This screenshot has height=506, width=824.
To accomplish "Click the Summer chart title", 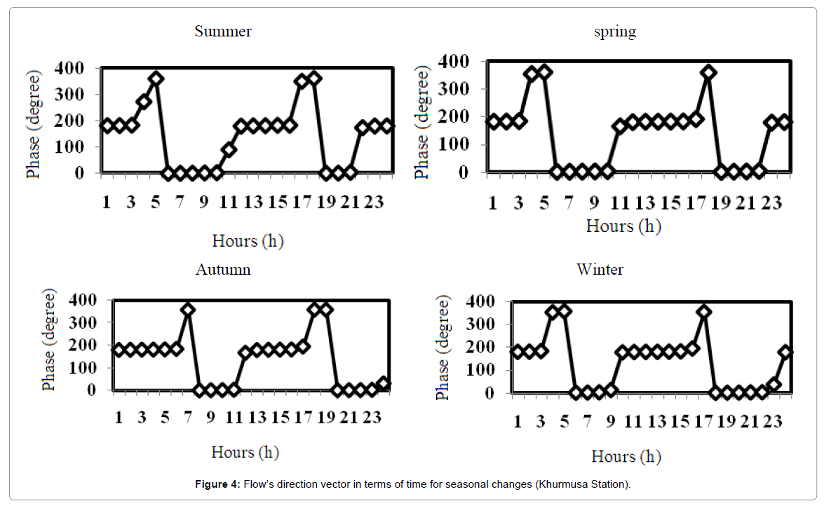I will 223,32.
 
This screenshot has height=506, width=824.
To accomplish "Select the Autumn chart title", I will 223,269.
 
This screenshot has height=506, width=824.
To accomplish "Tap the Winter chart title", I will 600,269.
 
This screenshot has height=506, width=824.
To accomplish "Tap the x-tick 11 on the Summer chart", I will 229,203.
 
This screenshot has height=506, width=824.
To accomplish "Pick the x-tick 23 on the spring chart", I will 772,203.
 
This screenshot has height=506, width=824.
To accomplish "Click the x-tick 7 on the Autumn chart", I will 188,418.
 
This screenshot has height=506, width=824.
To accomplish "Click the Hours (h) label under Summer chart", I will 248,241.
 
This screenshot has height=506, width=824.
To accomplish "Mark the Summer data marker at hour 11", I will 229,149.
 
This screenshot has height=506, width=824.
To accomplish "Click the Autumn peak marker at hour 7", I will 187,310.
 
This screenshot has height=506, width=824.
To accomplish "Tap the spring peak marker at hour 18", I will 709,72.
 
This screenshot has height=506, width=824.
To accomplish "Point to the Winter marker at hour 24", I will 785,352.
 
